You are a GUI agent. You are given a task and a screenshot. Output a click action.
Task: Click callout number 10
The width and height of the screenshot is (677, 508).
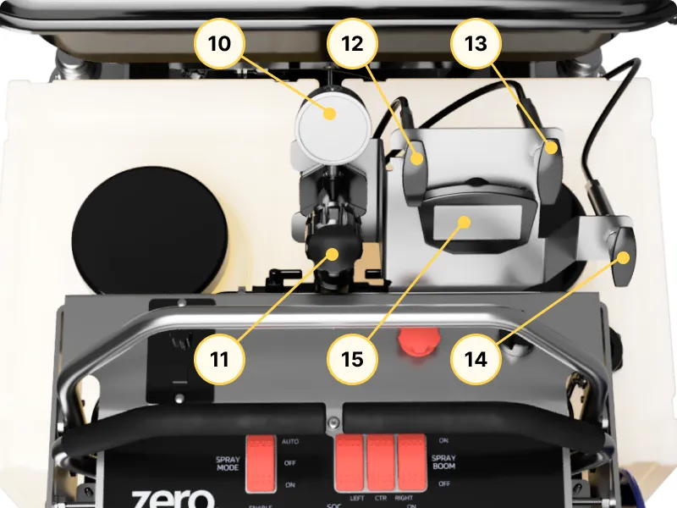click(x=219, y=44)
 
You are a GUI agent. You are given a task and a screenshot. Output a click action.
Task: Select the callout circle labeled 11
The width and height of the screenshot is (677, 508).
click(x=219, y=358)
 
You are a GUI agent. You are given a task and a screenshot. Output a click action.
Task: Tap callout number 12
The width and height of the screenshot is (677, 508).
click(x=352, y=44)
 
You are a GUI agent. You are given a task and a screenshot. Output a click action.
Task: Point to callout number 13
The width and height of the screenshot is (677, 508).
click(x=476, y=44)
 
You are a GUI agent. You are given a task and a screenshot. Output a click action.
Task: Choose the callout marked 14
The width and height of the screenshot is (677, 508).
click(x=476, y=358)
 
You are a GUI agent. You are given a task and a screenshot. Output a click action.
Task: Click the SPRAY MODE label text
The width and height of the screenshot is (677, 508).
click(x=223, y=462)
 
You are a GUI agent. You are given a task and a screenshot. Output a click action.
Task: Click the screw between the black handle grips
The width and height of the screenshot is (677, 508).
click(x=336, y=421)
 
